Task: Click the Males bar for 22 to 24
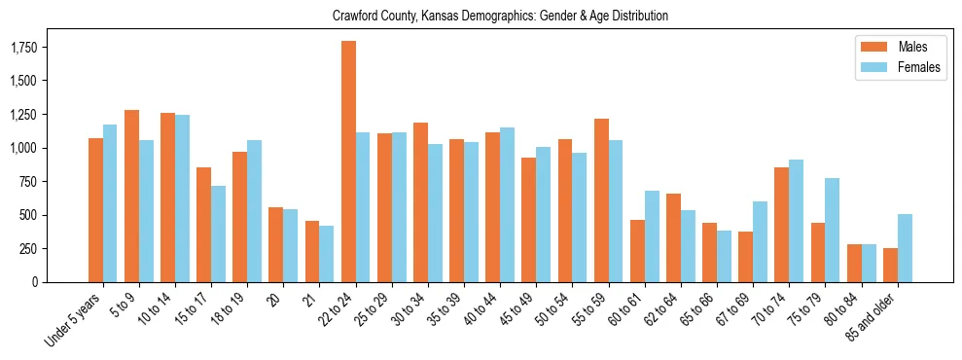pyautogui.click(x=348, y=162)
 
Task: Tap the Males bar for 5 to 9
pyautogui.click(x=131, y=196)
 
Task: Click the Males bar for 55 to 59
pyautogui.click(x=601, y=200)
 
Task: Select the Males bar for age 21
pyautogui.click(x=312, y=251)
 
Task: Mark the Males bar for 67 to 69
pyautogui.click(x=746, y=257)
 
